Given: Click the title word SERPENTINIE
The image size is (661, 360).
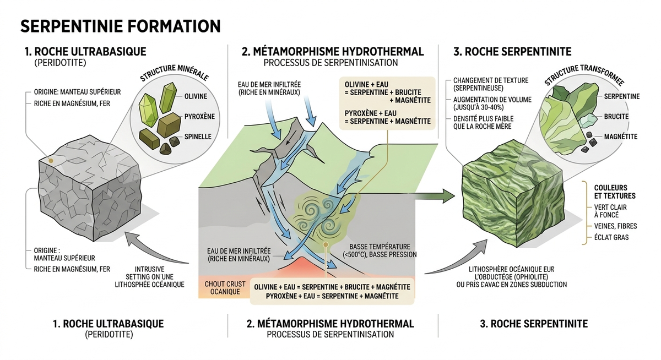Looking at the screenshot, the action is coord(72,26).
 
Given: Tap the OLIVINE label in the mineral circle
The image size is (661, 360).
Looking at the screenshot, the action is coord(196,96).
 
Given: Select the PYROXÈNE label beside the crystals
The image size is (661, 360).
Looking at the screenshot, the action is coord(199,117).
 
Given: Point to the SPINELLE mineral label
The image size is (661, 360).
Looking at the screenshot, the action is coord(198,137).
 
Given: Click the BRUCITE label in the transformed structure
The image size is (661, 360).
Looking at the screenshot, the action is coord(616,117).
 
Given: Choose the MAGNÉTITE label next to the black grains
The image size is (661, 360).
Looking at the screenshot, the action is coord(621,137).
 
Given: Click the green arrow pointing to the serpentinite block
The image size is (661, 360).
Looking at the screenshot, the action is coord(435,195).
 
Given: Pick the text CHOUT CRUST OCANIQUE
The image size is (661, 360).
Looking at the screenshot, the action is coord(225,288).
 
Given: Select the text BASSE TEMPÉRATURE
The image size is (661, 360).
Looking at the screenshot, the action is coord(380,247).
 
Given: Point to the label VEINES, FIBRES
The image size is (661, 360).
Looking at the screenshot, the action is coord(616,226).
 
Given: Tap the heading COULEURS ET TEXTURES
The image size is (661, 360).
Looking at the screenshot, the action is coord(615,192).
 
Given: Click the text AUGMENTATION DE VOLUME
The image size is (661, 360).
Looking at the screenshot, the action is coord(492,100).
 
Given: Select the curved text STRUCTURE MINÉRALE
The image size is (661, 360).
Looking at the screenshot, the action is coord(174,73).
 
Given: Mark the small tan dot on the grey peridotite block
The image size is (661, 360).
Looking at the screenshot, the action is coord(51,161).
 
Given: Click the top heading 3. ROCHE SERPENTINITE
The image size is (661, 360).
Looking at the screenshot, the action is coord(512,52).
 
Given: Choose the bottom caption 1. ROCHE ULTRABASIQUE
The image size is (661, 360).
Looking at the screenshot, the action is coord(109,324).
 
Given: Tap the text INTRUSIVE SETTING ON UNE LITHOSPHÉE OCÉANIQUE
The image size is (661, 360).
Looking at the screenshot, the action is coord(150,277).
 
